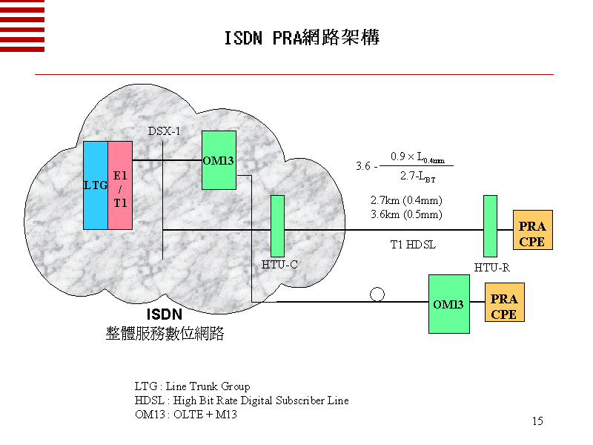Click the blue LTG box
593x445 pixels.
[x=96, y=185]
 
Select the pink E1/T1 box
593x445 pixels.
[x=119, y=185]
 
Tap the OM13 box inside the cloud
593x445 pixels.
[x=219, y=160]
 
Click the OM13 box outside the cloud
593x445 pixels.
[x=448, y=304]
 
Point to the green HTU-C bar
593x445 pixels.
[x=278, y=225]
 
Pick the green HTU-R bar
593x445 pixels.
[x=490, y=225]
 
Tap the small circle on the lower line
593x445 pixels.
[x=377, y=294]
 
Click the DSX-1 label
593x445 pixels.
[x=164, y=131]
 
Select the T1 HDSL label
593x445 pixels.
[x=414, y=243]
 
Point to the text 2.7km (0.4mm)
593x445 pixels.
[x=406, y=200]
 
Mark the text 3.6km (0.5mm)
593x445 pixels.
[x=406, y=214]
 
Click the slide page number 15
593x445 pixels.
[x=537, y=421]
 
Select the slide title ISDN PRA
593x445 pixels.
[x=302, y=38]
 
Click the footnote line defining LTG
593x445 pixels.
[x=192, y=386]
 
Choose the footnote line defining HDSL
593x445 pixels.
[x=241, y=400]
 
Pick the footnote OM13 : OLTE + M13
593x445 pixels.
[x=185, y=414]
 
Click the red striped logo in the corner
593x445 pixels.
[x=22, y=26]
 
